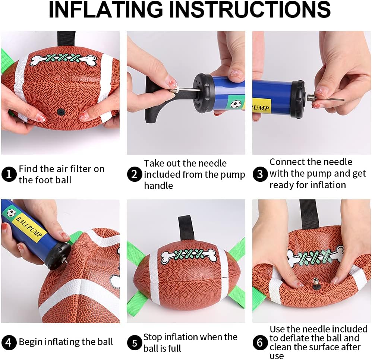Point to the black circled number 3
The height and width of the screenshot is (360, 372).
[x=260, y=174]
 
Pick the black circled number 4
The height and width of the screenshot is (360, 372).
[x=9, y=342]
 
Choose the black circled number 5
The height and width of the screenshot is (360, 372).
[x=135, y=342]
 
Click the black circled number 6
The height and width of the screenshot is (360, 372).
[x=260, y=342]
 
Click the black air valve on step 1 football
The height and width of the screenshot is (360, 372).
[x=60, y=111]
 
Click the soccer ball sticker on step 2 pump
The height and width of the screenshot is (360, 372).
[x=234, y=104]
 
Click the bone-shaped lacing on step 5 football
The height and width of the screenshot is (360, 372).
[x=189, y=255]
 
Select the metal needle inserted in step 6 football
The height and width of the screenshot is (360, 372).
[x=316, y=285]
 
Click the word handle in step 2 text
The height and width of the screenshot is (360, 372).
[x=158, y=185]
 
